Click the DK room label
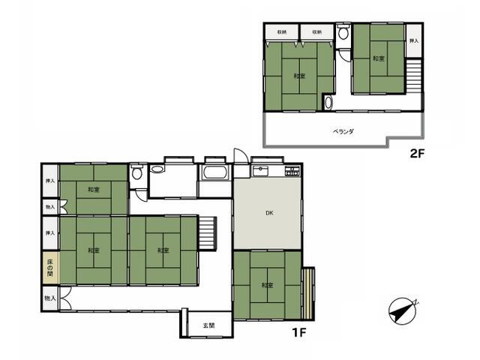(269, 213)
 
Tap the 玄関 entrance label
(208, 325)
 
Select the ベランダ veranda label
(343, 132)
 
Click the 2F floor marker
(417, 153)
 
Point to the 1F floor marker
(299, 332)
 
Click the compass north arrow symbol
(403, 310)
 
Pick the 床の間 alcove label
(50, 268)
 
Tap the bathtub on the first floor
(215, 172)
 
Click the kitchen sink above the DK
(260, 171)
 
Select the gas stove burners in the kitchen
(292, 171)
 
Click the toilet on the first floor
(136, 172)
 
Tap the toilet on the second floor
(343, 32)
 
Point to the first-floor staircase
(208, 233)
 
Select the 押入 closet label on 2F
(414, 40)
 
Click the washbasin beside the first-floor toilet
(157, 169)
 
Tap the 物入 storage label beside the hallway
(50, 298)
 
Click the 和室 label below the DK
(267, 285)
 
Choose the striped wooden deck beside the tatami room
(308, 293)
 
